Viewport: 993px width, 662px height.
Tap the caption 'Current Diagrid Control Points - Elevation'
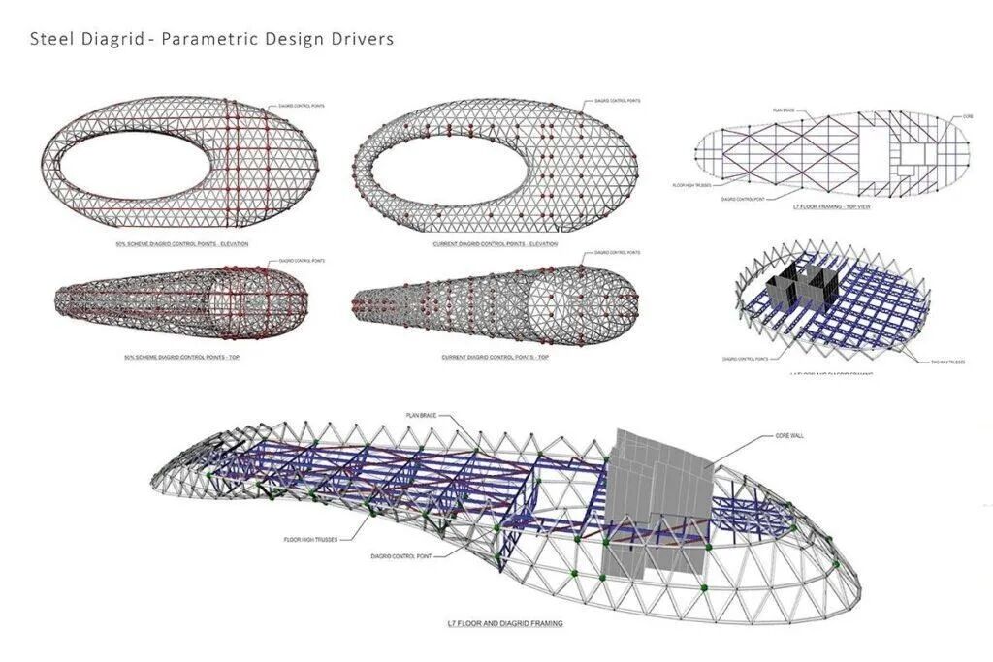pyautogui.click(x=496, y=243)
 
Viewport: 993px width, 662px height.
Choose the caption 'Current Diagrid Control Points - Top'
pyautogui.click(x=496, y=358)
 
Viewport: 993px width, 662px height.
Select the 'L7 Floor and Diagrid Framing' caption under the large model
pyautogui.click(x=512, y=623)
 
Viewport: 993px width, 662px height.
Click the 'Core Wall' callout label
pyautogui.click(x=789, y=435)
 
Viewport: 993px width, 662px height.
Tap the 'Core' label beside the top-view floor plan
pyautogui.click(x=967, y=116)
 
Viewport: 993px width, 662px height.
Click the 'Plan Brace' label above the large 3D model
pyautogui.click(x=422, y=415)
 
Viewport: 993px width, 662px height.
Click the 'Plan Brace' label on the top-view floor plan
pyautogui.click(x=783, y=110)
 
